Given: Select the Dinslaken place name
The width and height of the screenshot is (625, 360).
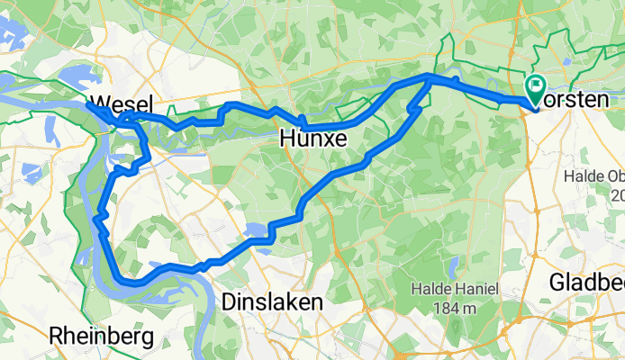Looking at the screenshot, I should [271, 303].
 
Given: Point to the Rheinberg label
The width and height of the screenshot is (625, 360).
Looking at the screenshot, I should [102, 337].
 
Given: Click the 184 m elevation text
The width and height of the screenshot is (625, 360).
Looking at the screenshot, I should [456, 309].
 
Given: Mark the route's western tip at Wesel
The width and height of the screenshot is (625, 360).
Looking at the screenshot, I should [87, 104].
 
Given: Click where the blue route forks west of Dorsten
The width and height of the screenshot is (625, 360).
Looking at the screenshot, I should [427, 81].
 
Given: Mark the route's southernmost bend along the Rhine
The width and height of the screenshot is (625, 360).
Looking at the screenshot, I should [135, 283].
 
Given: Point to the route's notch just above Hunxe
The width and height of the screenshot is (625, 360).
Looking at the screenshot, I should [304, 121].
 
